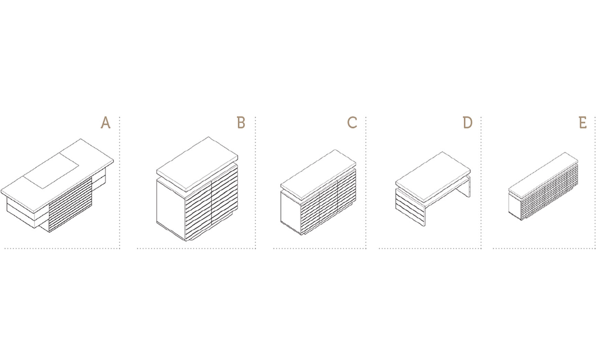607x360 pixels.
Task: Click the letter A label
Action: (106, 123)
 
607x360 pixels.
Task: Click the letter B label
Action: (241, 123)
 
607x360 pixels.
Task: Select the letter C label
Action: (352, 123)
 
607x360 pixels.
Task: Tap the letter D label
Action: (467, 123)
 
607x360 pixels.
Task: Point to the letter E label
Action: (583, 123)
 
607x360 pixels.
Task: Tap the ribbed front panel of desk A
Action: (70, 205)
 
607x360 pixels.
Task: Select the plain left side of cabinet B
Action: (171, 209)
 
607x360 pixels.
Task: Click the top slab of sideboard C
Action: (318, 176)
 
